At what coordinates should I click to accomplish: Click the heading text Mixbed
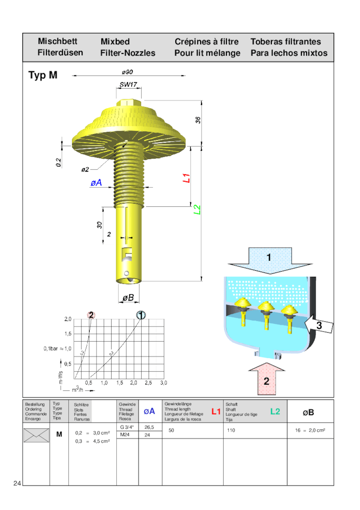point(115,42)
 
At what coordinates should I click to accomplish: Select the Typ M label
point(43,75)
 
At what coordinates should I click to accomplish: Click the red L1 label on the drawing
point(186,178)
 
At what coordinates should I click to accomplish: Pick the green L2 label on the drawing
point(198,209)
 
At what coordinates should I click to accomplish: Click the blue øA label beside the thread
point(96,183)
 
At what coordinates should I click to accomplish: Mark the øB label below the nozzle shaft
point(128,297)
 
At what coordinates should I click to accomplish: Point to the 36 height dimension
point(198,120)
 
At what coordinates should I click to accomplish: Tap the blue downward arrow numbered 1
point(269,260)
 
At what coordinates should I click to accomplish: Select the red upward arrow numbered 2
point(266,379)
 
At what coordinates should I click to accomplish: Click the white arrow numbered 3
point(320,325)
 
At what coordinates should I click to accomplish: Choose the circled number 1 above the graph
point(141,315)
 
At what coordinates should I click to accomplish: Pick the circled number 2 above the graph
point(91,315)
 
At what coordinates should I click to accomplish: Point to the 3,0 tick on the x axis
point(163,383)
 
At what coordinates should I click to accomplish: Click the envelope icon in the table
point(36,434)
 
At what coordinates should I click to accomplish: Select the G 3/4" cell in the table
point(127,427)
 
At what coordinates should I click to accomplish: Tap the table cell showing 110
point(231,430)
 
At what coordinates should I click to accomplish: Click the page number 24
point(17,483)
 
